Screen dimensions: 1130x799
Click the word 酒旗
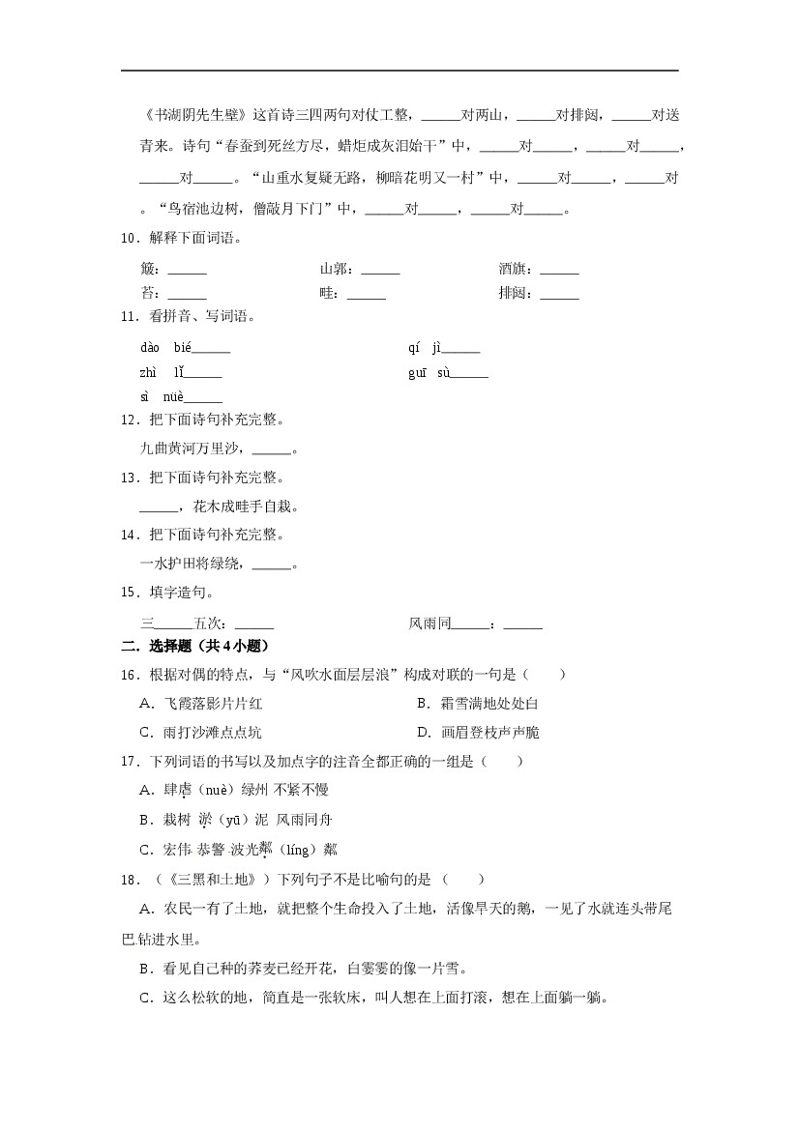[x=513, y=270]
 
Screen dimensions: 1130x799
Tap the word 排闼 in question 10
[x=513, y=294]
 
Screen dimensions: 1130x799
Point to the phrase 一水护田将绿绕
[x=194, y=564]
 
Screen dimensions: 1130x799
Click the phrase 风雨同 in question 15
[x=429, y=623]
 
